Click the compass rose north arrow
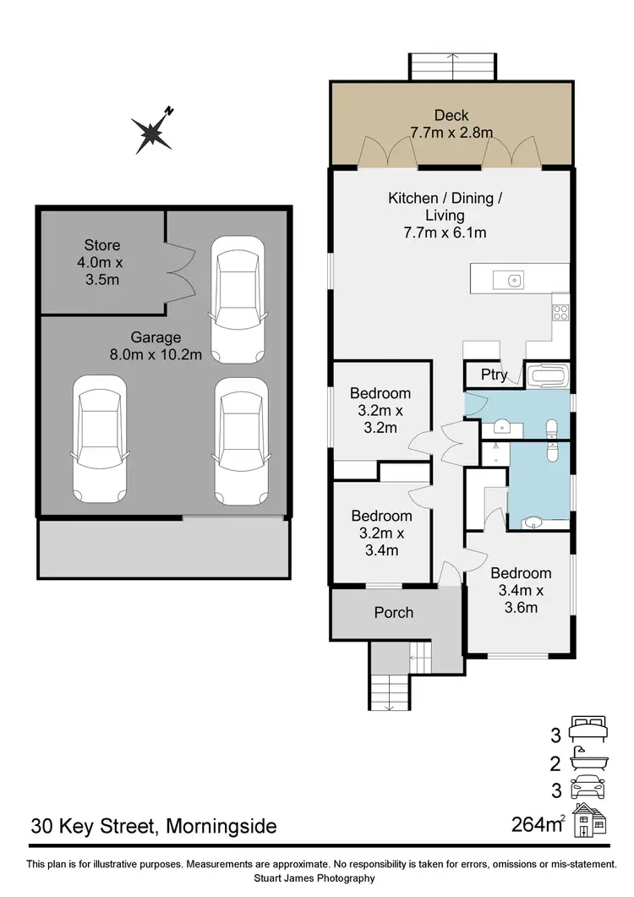coord(152,132)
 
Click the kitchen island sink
coord(512,280)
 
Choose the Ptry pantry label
coord(494,375)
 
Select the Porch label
coord(395,612)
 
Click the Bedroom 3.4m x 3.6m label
coord(521,589)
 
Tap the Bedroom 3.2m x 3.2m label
coord(380,410)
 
